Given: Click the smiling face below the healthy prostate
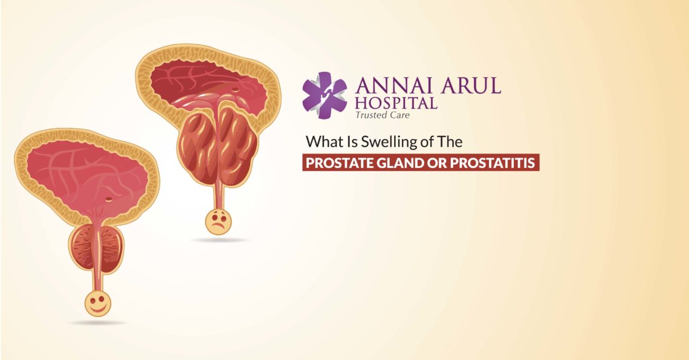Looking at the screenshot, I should [x=98, y=303].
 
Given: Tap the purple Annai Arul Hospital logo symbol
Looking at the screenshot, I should [x=325, y=92].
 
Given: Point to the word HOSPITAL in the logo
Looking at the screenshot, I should [x=396, y=103].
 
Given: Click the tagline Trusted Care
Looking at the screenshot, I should [x=383, y=115].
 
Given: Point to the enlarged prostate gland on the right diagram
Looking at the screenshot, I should [x=217, y=145].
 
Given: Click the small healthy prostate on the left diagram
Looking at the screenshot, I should [x=97, y=248].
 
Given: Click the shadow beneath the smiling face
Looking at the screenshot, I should [x=98, y=323].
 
